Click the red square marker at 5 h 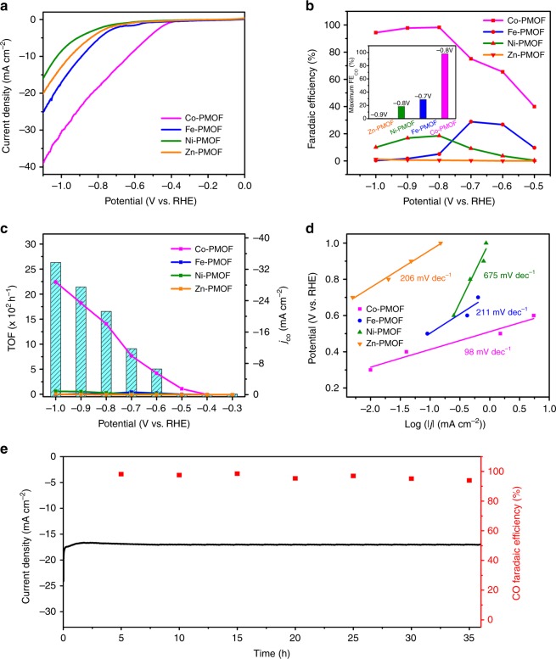coord(121,474)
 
